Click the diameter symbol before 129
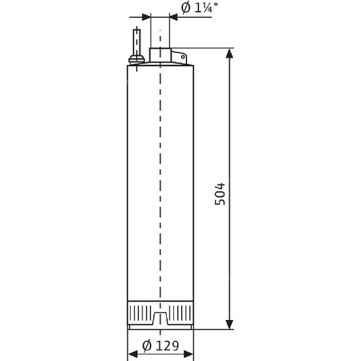coord(147,346)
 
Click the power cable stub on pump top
coord(137,40)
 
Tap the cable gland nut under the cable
coord(137,57)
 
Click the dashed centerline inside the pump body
coord(160,176)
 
